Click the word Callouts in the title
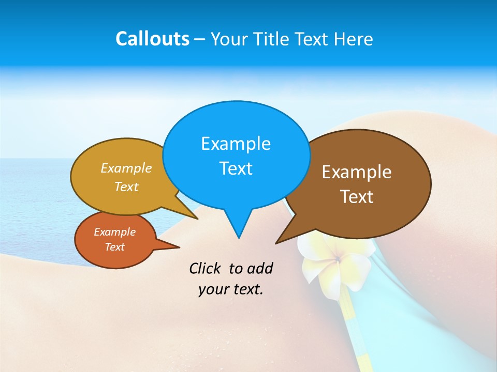coord(152,39)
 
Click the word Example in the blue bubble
coord(236,143)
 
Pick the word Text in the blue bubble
coord(236,168)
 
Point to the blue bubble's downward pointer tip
coord(239,238)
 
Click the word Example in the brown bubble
coord(357,172)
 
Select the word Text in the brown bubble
coord(357,197)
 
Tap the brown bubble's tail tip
coord(276,243)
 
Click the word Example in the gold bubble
coord(126,168)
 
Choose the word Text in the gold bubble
coord(126,187)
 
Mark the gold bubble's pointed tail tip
coord(198,219)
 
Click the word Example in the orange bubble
coord(114,232)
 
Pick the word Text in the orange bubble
coord(114,247)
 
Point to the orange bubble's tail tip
coord(180,247)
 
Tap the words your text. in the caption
coord(230,289)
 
